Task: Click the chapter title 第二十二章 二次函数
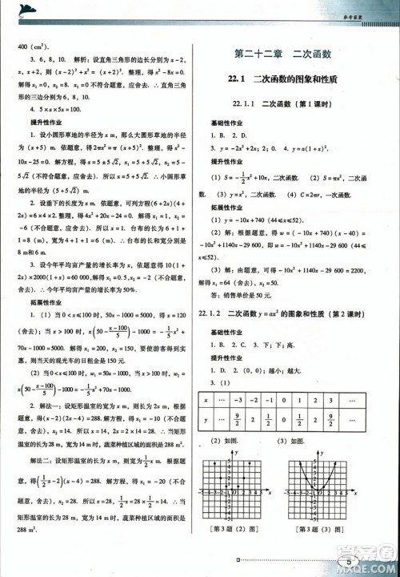pos(295,54)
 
